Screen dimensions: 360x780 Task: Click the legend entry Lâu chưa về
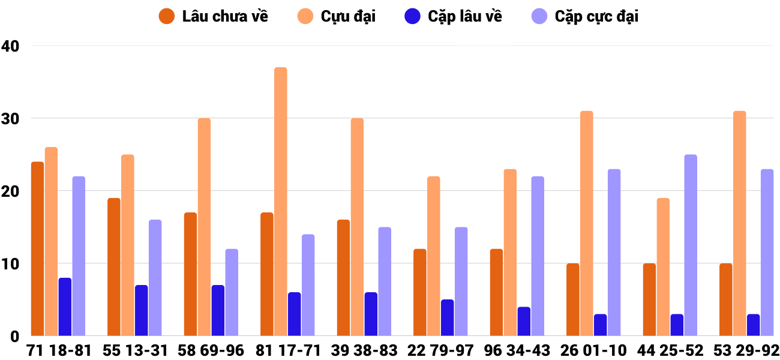pyautogui.click(x=214, y=16)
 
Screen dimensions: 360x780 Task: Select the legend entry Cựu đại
pyautogui.click(x=338, y=16)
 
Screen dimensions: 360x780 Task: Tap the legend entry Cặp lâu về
pyautogui.click(x=454, y=16)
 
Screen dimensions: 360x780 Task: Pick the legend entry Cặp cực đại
pyautogui.click(x=586, y=16)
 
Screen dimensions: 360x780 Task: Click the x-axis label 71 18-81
pyautogui.click(x=59, y=350)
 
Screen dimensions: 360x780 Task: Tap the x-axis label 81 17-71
pyautogui.click(x=288, y=350)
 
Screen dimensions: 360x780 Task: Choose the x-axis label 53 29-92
pyautogui.click(x=746, y=350)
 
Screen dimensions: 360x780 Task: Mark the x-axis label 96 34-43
pyautogui.click(x=517, y=350)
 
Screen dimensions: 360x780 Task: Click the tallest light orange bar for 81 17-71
pyautogui.click(x=281, y=202)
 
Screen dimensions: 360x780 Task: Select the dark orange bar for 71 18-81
pyautogui.click(x=38, y=248)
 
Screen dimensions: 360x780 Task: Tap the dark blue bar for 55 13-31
pyautogui.click(x=142, y=310)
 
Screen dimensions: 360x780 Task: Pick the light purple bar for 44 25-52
pyautogui.click(x=691, y=245)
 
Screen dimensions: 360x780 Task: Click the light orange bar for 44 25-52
pyautogui.click(x=663, y=266)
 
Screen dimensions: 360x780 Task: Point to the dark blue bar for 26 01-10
pyautogui.click(x=600, y=325)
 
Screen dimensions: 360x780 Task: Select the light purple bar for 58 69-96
pyautogui.click(x=232, y=292)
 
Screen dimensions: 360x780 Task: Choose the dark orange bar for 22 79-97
pyautogui.click(x=420, y=292)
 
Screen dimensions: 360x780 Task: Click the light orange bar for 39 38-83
pyautogui.click(x=357, y=227)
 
